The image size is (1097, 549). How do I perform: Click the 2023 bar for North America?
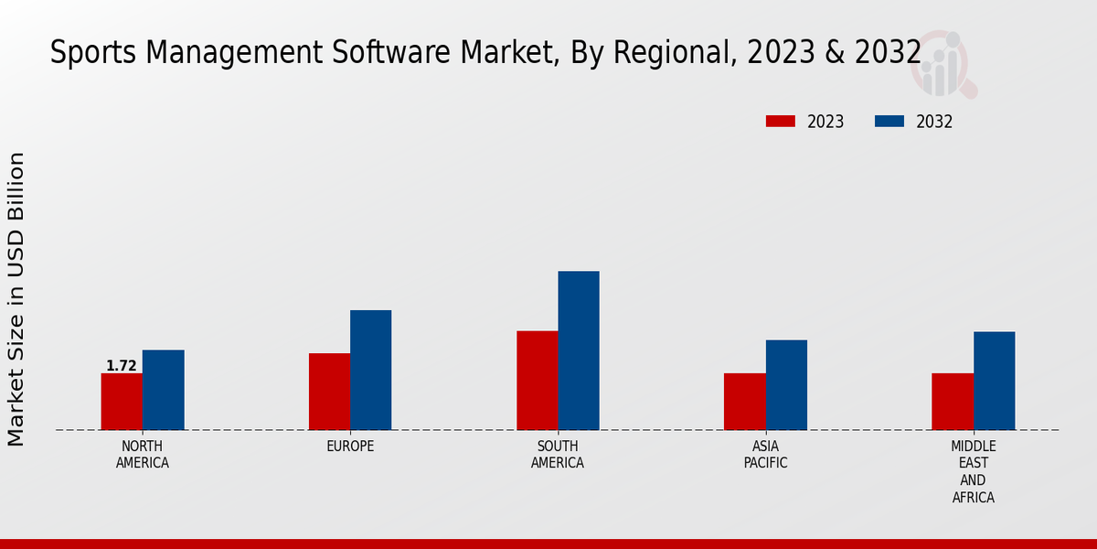tap(122, 402)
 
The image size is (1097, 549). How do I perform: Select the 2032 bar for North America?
tap(164, 390)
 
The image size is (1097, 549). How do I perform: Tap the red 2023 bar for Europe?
tap(329, 392)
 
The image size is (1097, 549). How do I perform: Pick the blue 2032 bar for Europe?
tap(371, 370)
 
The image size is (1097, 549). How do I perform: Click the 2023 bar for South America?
tap(538, 380)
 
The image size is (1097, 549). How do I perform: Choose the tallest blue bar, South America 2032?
tap(579, 350)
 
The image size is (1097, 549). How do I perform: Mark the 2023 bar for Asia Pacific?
tap(745, 402)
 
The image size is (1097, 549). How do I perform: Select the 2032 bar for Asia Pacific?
tap(786, 385)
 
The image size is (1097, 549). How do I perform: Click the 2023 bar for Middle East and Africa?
tap(953, 402)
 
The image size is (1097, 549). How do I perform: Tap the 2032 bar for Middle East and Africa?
tap(994, 381)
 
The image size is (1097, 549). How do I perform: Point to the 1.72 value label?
tap(122, 366)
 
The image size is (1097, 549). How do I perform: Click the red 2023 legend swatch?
tap(781, 122)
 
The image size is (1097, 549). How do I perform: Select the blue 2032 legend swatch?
tap(889, 122)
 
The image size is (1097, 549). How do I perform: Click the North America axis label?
tap(143, 454)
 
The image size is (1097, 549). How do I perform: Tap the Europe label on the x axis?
tap(350, 447)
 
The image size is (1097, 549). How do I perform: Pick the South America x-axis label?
tap(558, 454)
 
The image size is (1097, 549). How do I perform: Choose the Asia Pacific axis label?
tap(765, 454)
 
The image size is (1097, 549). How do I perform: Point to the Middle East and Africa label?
tap(973, 471)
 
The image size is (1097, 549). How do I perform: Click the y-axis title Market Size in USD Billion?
tap(16, 299)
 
